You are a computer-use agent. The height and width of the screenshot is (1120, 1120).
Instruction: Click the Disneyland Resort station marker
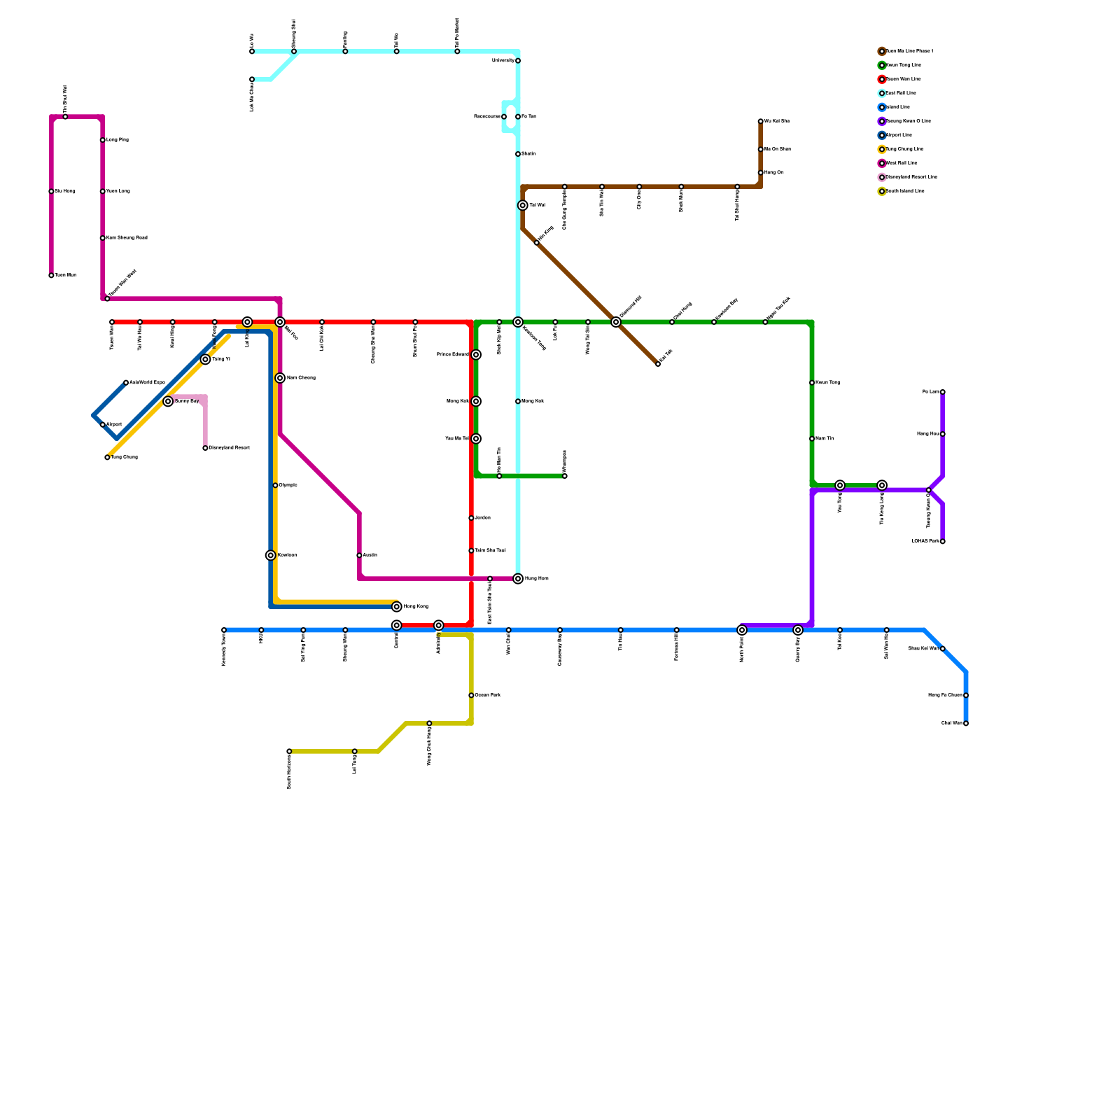tap(205, 448)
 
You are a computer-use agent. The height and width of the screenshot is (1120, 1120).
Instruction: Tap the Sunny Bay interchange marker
tap(168, 401)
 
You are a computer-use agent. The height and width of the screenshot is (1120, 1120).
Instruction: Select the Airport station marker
tap(103, 425)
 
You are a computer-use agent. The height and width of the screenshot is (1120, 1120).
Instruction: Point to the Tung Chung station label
tap(125, 458)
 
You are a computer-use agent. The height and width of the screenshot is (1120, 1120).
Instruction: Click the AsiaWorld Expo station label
tap(147, 383)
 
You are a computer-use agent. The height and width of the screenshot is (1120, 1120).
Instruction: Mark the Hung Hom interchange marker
tap(518, 579)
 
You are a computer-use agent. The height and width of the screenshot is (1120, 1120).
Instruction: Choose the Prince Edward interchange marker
tap(476, 355)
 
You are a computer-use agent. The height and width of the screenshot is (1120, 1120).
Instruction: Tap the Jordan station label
tap(482, 518)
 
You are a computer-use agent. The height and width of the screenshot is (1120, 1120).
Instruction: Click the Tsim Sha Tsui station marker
tap(471, 551)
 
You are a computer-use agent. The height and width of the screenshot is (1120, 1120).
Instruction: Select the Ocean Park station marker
tap(471, 695)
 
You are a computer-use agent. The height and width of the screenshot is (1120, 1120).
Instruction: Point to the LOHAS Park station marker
tap(943, 541)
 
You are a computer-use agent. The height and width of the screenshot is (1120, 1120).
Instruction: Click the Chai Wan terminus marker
tap(966, 723)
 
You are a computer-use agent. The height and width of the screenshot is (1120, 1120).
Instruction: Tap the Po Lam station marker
tap(943, 392)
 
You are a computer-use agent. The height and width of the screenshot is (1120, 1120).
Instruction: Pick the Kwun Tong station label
tap(827, 383)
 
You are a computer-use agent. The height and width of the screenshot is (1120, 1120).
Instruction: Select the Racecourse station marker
tap(504, 117)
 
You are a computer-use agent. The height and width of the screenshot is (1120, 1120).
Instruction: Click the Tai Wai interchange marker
tap(523, 205)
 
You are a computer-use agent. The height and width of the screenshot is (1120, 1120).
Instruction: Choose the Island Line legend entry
tap(897, 107)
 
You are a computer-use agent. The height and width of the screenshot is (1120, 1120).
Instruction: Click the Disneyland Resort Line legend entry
tap(911, 177)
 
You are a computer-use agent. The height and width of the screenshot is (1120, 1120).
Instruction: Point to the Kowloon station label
tap(287, 555)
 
